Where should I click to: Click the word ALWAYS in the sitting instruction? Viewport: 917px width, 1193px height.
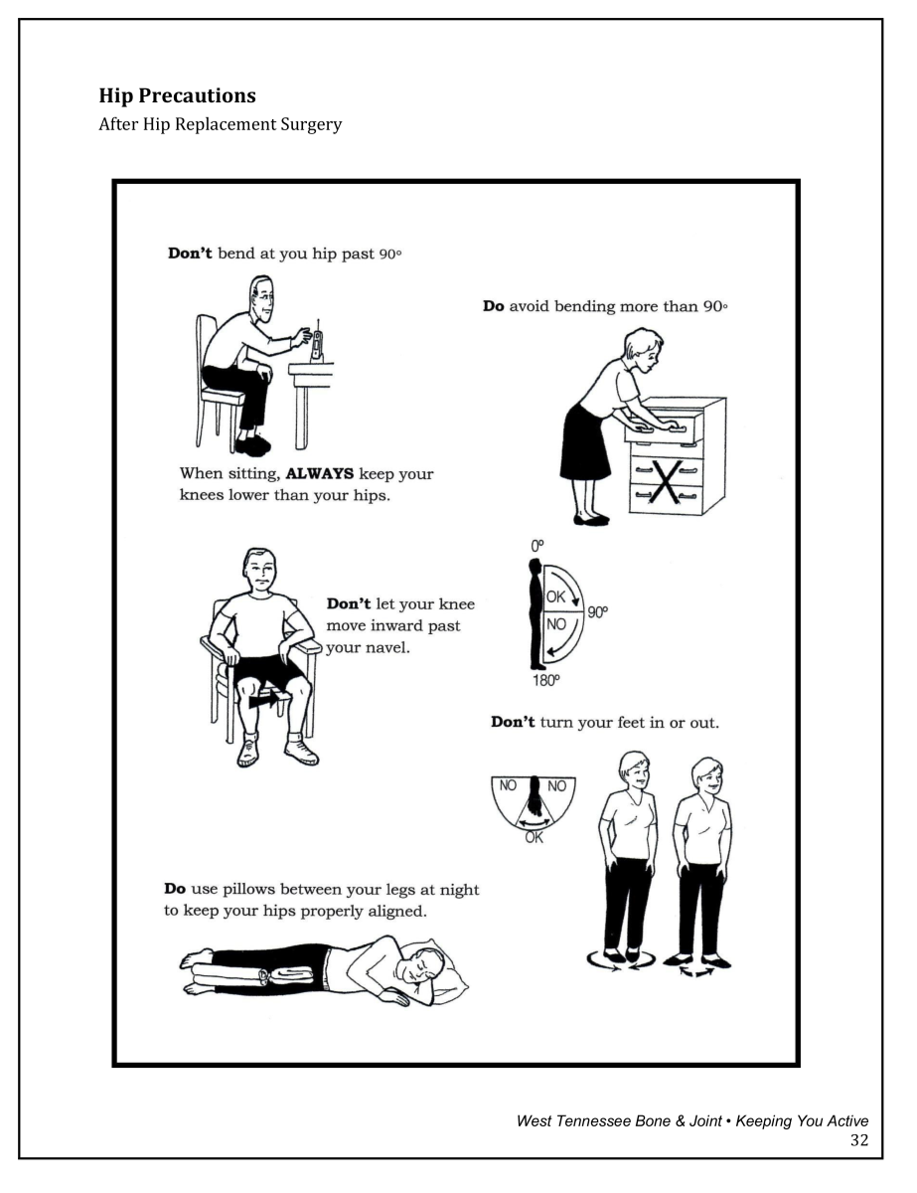coord(319,473)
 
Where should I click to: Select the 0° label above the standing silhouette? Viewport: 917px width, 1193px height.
coord(537,546)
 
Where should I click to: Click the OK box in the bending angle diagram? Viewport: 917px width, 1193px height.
coord(555,596)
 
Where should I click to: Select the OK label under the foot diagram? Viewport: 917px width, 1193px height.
coord(534,838)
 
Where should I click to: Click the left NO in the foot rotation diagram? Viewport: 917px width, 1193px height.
coord(508,785)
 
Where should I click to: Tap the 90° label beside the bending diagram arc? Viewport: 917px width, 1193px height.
coord(596,612)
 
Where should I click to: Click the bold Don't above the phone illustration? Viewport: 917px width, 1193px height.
coord(189,254)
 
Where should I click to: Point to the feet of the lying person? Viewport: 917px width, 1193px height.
coord(197,973)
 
